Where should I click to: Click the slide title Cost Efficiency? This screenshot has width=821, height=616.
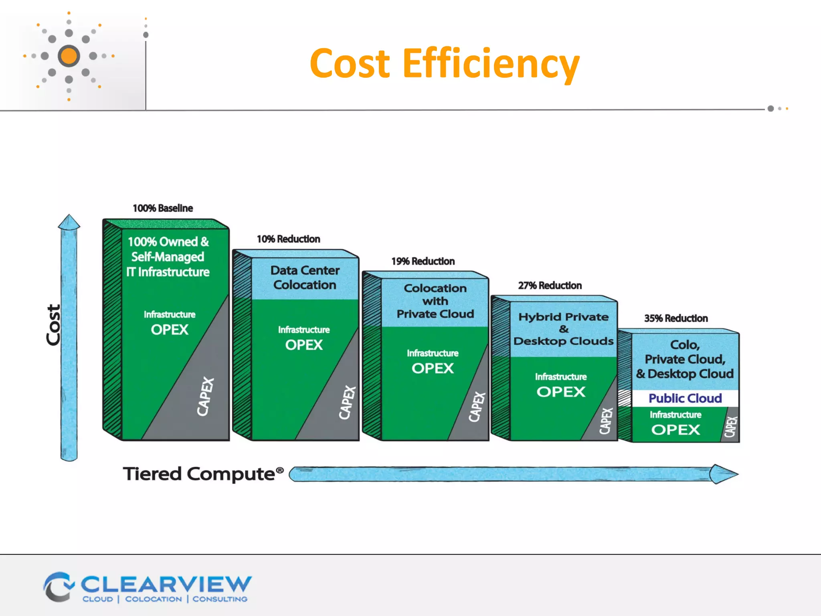pyautogui.click(x=444, y=63)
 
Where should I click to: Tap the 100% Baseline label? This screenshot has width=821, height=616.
pyautogui.click(x=163, y=208)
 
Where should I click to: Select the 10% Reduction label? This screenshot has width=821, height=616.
pyautogui.click(x=288, y=239)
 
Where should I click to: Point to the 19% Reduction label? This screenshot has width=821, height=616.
pyautogui.click(x=423, y=261)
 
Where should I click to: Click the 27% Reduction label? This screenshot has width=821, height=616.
pyautogui.click(x=550, y=286)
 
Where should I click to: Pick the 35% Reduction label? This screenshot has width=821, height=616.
pyautogui.click(x=676, y=318)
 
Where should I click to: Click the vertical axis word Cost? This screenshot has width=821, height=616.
pyautogui.click(x=53, y=325)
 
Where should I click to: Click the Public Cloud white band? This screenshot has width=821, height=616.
pyautogui.click(x=685, y=398)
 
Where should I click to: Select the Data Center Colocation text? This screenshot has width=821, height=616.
pyautogui.click(x=305, y=278)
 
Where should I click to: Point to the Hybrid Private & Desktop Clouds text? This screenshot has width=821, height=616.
pyautogui.click(x=563, y=329)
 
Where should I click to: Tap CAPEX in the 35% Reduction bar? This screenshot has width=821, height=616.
pyautogui.click(x=730, y=427)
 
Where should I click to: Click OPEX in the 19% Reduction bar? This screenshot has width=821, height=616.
pyautogui.click(x=433, y=368)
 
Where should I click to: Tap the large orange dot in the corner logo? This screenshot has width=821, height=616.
pyautogui.click(x=69, y=56)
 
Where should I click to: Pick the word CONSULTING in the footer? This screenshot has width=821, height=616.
pyautogui.click(x=220, y=599)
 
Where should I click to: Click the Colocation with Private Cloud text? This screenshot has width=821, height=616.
pyautogui.click(x=435, y=301)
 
